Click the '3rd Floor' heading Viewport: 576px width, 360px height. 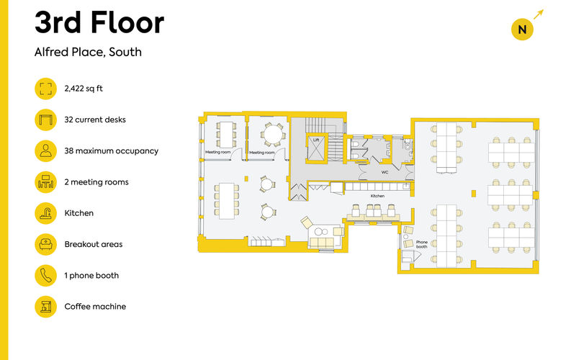(x=99, y=24)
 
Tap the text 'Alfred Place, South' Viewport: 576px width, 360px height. (x=88, y=53)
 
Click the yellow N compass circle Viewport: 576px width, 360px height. (x=522, y=30)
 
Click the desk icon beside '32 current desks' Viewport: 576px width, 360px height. (x=45, y=120)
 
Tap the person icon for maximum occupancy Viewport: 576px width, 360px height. (x=45, y=150)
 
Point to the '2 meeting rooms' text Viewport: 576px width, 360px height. (x=96, y=182)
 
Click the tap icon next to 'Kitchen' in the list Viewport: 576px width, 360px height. (x=45, y=213)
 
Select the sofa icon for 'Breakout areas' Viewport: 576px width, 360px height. (x=45, y=244)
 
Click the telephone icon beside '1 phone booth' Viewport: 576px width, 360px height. (x=45, y=275)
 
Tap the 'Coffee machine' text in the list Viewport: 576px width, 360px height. (x=95, y=307)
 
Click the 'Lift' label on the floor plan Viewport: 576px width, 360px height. (x=315, y=140)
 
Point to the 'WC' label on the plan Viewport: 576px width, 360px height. (x=384, y=173)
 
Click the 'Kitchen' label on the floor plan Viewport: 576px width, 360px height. (x=378, y=196)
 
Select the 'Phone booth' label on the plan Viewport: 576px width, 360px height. (x=422, y=244)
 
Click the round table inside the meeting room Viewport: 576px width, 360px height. (x=272, y=134)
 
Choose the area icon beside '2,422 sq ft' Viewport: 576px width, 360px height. (x=45, y=89)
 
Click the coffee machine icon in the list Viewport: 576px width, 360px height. (x=45, y=307)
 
